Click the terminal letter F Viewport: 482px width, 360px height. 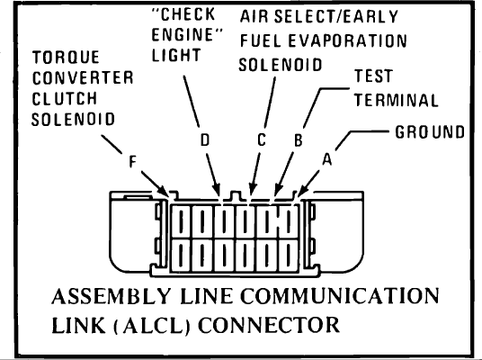click(x=132, y=161)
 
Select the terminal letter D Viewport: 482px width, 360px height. click(x=205, y=140)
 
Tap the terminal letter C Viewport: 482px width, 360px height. click(x=262, y=140)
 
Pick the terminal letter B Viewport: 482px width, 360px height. click(x=299, y=140)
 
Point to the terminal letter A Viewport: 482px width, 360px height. click(x=327, y=159)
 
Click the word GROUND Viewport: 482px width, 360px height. click(x=430, y=132)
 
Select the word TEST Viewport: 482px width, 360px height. click(x=373, y=76)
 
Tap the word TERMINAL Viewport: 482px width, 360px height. click(x=397, y=100)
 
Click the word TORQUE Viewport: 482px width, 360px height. click(x=66, y=58)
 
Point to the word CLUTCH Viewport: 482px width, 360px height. click(x=65, y=99)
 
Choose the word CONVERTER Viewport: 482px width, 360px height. click(x=83, y=77)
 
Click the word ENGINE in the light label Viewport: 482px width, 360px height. click(x=183, y=35)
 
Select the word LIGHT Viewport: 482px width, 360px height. click(x=176, y=56)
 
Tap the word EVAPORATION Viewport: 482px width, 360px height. click(x=348, y=40)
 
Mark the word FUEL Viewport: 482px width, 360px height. click(x=261, y=40)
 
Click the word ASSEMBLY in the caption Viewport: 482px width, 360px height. click(x=111, y=296)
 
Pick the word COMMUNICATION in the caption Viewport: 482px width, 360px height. click(x=340, y=296)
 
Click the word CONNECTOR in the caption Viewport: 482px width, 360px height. click(x=269, y=325)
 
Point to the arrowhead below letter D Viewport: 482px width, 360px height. click(x=217, y=188)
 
